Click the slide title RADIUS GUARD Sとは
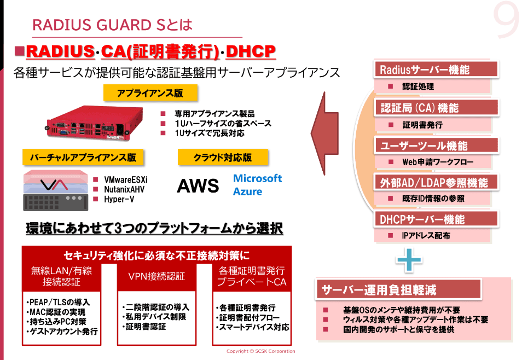(x=112, y=25)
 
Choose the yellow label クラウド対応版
(x=223, y=158)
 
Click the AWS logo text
(x=198, y=186)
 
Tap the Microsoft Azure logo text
(x=257, y=185)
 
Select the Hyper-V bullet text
(x=119, y=199)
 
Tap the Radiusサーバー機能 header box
(x=436, y=69)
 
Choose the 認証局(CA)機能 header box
(x=436, y=108)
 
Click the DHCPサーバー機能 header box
(x=436, y=219)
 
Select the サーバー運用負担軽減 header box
(x=398, y=289)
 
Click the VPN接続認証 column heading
(x=156, y=276)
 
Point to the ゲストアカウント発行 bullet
(x=62, y=332)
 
